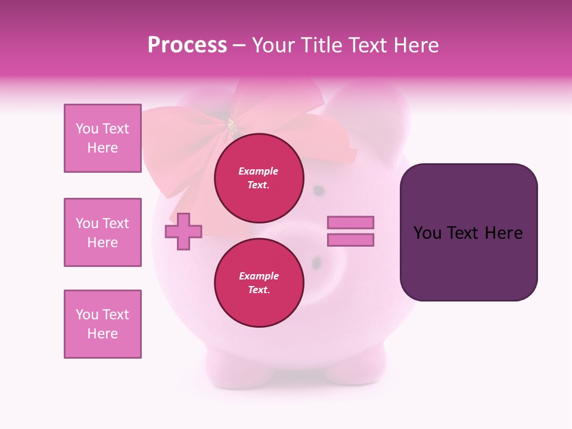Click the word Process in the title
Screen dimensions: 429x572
point(187,45)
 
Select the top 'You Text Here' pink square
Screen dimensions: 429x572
point(102,138)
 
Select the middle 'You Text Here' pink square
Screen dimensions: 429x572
point(102,232)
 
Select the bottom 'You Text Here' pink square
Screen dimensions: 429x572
point(102,324)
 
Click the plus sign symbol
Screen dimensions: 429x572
point(184,231)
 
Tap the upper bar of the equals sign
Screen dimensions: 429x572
point(350,222)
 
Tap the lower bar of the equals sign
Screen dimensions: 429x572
point(350,240)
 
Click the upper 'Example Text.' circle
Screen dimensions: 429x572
point(259,178)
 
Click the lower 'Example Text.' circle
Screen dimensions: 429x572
point(259,282)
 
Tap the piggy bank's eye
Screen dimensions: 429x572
point(319,191)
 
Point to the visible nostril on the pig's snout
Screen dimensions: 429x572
point(316,262)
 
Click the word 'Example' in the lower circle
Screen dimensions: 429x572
point(259,276)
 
